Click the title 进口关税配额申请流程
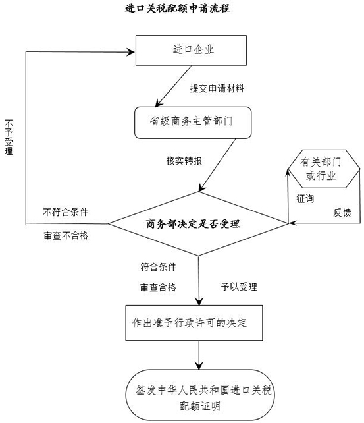(x=177, y=8)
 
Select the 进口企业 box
(x=191, y=50)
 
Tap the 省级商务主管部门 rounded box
(x=193, y=123)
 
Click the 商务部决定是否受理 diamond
(x=198, y=223)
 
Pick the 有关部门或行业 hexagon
(x=323, y=169)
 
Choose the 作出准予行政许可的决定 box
(x=194, y=323)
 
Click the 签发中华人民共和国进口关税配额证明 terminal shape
(x=200, y=395)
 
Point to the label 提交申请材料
(x=217, y=88)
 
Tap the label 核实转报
(x=184, y=161)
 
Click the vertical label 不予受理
(x=9, y=137)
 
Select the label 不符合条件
(x=65, y=212)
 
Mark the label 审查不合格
(x=66, y=235)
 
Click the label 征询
(x=305, y=198)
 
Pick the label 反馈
(x=342, y=213)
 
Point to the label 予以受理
(x=239, y=287)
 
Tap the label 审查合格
(x=158, y=287)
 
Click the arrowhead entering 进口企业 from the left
(x=131, y=52)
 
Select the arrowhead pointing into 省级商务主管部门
(x=159, y=103)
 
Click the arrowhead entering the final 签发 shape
(x=199, y=366)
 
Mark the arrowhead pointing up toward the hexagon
(x=288, y=173)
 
